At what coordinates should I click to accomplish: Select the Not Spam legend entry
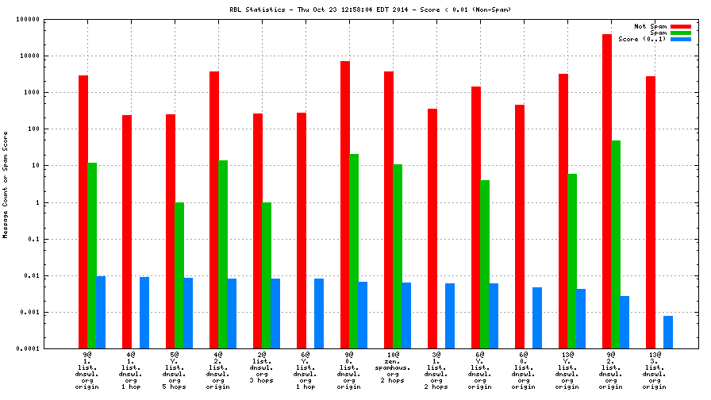(x=650, y=26)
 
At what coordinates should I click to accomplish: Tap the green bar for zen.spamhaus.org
(x=398, y=256)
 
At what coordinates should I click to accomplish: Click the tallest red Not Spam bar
(x=607, y=191)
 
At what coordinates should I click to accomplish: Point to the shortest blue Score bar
(x=668, y=332)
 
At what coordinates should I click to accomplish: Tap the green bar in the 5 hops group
(x=179, y=275)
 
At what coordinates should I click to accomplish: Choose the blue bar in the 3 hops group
(x=275, y=313)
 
